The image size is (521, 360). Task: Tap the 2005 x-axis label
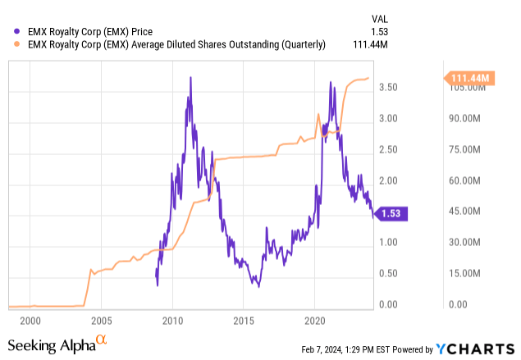click(101, 318)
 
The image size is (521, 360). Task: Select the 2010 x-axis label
click(172, 318)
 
